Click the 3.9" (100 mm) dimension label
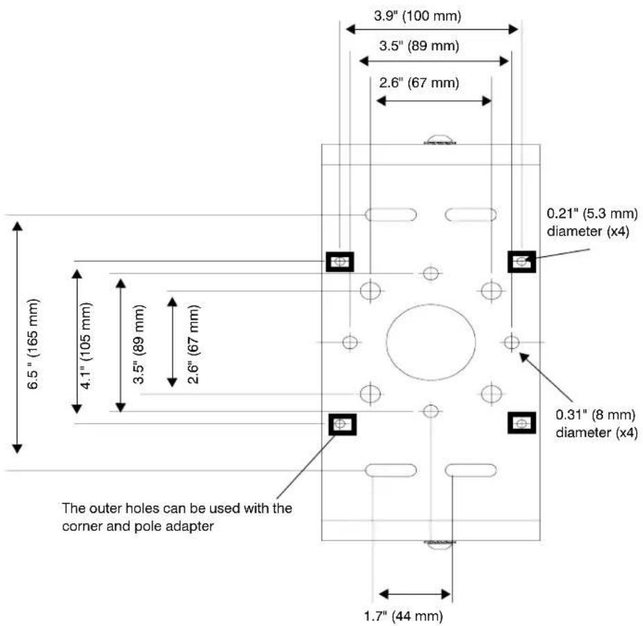(417, 16)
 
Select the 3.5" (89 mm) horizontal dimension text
(419, 46)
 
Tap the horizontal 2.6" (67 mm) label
(419, 83)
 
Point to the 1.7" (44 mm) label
(403, 616)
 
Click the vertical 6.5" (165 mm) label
(33, 344)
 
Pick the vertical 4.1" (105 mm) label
(86, 345)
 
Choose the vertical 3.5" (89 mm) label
(139, 344)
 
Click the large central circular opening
(431, 342)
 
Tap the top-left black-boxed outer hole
(340, 261)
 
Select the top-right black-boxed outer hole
(521, 261)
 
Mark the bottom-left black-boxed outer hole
(342, 425)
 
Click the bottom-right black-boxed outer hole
(521, 423)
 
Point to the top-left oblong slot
(391, 215)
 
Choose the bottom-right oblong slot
(471, 470)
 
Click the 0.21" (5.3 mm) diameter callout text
(592, 222)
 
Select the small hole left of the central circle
(350, 342)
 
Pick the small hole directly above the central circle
(431, 273)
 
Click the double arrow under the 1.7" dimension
(415, 593)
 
